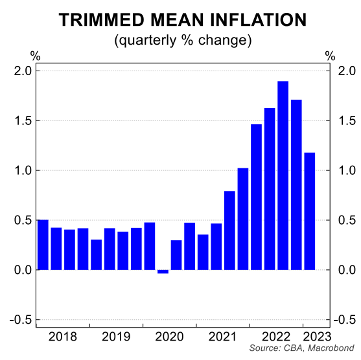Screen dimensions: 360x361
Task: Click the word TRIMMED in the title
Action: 99,20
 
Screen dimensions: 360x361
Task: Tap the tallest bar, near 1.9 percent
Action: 283,175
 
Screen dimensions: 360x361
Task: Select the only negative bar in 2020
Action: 163,272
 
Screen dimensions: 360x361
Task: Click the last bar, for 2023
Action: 310,211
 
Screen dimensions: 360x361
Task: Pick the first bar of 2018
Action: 43,245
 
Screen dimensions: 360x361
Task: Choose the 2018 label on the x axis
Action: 63,337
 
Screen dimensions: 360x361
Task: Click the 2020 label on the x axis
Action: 169,337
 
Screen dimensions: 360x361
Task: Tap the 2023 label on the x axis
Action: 317,337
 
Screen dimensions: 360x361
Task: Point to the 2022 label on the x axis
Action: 275,337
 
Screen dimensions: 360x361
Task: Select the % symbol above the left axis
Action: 35,56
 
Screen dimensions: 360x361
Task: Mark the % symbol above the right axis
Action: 331,56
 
